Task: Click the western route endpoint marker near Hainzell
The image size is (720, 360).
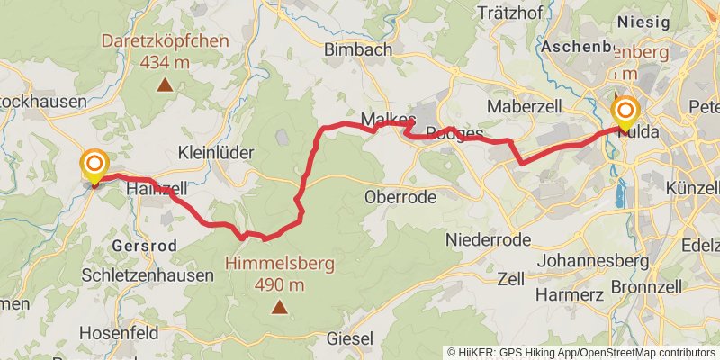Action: [94, 165]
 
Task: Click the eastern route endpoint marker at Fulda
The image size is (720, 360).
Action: [624, 112]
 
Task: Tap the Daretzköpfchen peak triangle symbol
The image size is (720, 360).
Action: [165, 86]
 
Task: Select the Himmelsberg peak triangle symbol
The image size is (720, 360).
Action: [280, 309]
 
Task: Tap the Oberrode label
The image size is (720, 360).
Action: [400, 196]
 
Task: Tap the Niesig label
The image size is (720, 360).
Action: [644, 22]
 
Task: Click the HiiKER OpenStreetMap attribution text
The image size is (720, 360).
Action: [582, 352]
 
